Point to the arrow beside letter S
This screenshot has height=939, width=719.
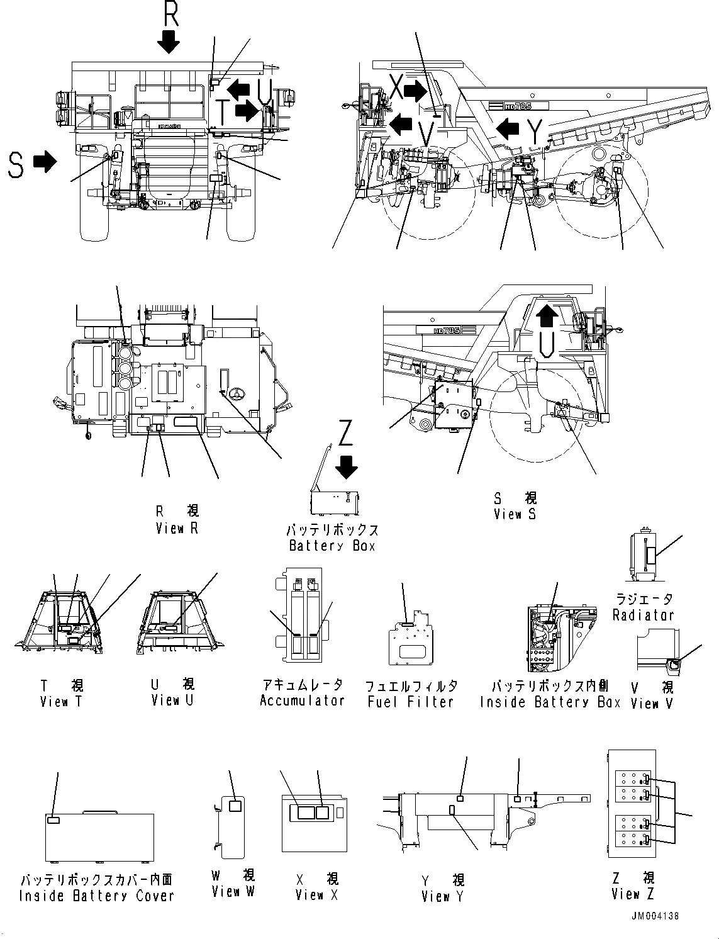(x=44, y=162)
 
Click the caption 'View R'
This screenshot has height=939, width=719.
(x=177, y=529)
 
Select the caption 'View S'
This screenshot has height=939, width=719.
(x=515, y=514)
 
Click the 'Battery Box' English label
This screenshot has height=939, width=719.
(x=332, y=546)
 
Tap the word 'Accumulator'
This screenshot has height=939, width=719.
(x=303, y=700)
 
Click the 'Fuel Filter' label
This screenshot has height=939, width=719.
(x=411, y=702)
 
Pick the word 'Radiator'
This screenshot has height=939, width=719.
(x=643, y=615)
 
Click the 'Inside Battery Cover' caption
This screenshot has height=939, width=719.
(x=96, y=896)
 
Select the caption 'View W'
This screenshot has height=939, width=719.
(x=233, y=891)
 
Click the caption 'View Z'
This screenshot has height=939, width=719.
(x=632, y=894)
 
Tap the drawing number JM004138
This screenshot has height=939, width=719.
(x=654, y=916)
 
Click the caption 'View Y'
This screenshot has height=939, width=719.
(x=442, y=896)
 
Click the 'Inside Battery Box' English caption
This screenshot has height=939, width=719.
(x=550, y=702)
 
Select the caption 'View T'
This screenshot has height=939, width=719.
(x=60, y=701)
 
